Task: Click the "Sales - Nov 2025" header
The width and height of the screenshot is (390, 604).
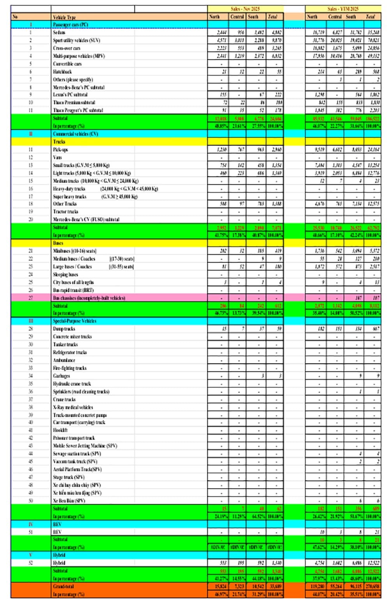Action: tap(245, 9)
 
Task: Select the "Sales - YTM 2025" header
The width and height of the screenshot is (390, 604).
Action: tap(343, 9)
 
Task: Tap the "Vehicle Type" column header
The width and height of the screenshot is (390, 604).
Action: tap(64, 17)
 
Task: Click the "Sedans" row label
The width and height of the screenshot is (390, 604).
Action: tap(59, 32)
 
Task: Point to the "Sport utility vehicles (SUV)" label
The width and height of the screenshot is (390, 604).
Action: tap(76, 40)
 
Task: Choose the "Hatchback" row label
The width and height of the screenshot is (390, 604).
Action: tap(62, 72)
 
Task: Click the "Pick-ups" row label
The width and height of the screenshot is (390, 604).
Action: tap(60, 149)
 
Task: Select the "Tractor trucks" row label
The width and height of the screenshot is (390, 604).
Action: tap(66, 212)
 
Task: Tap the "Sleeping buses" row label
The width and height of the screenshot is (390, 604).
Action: tap(66, 275)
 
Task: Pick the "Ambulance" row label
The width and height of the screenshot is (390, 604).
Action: tap(64, 360)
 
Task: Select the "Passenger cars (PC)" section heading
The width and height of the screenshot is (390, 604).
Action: tap(71, 25)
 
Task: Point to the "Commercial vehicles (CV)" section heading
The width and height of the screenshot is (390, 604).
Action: tap(76, 134)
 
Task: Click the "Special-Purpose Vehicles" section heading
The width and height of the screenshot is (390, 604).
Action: tap(74, 321)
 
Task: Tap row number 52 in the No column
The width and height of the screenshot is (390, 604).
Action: tap(31, 563)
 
